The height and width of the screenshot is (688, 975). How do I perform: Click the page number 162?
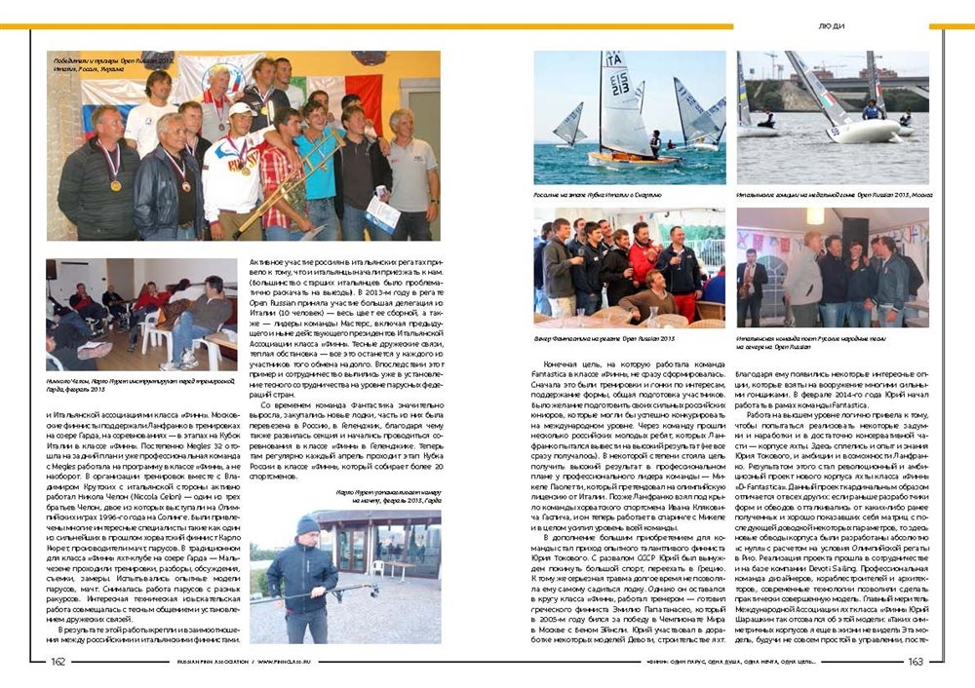click(x=59, y=663)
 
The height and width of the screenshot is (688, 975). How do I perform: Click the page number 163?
click(x=915, y=663)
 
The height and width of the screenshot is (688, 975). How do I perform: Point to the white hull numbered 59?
click(x=860, y=128)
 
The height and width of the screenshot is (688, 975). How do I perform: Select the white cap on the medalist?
click(x=240, y=109)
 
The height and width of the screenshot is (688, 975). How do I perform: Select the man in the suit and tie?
click(x=751, y=283)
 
